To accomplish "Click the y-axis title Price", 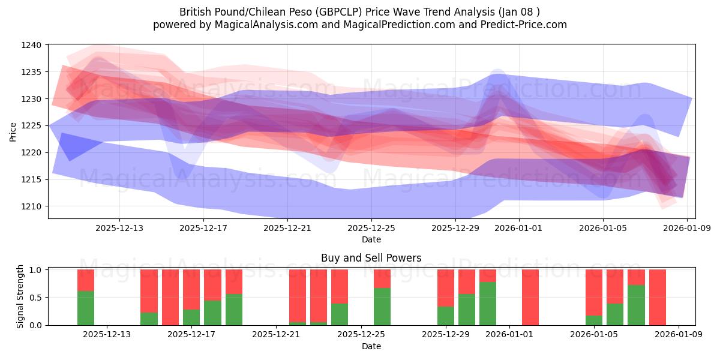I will tap(13, 131).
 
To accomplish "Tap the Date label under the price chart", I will tap(371, 239).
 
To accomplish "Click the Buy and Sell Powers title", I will tap(371, 258).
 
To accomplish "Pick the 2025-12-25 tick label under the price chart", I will tap(371, 228).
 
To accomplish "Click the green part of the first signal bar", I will tap(86, 308).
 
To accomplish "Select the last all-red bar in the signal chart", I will tap(658, 297).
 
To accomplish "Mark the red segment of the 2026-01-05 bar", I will tap(594, 292).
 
